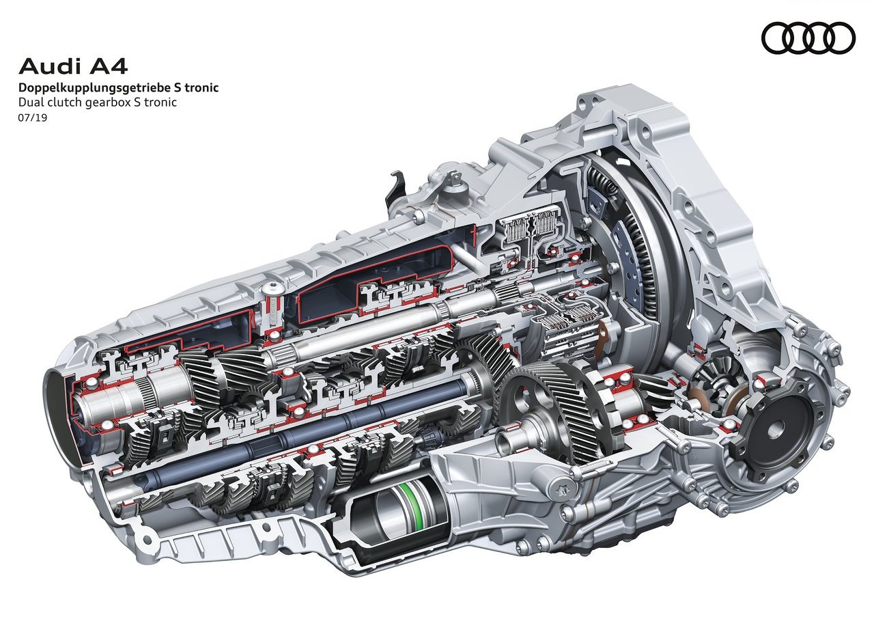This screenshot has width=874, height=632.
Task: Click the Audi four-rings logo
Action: click(808, 38)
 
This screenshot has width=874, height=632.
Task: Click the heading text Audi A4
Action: click(73, 67)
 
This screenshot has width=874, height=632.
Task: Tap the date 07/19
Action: click(33, 118)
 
